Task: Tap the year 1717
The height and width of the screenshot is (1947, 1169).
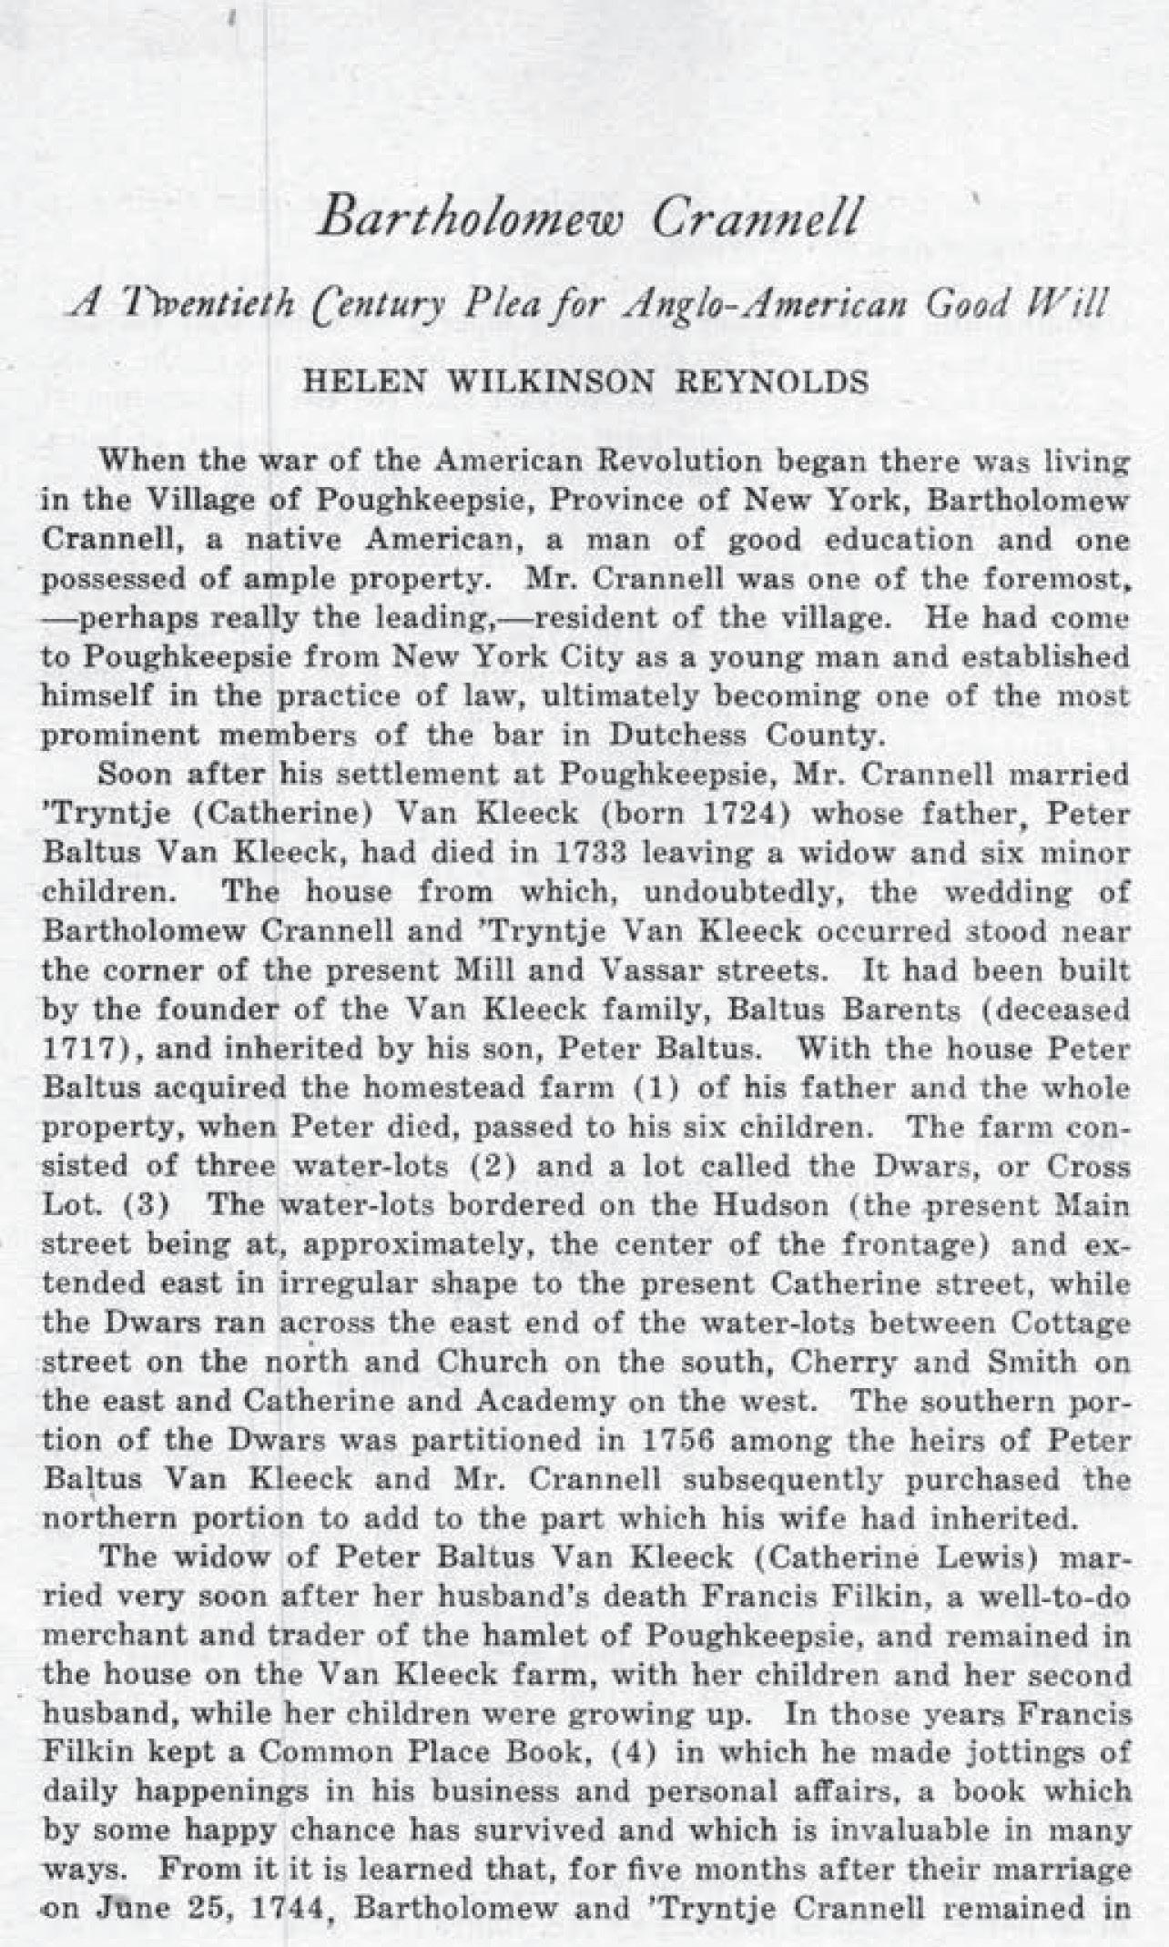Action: tap(83, 1050)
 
